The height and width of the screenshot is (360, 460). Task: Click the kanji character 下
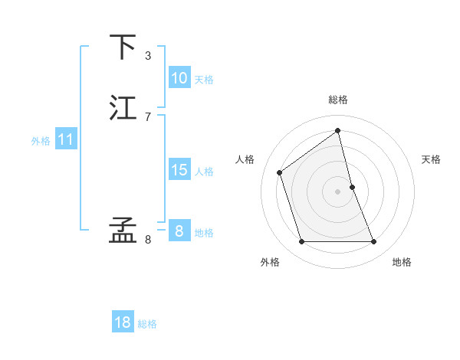pos(123,47)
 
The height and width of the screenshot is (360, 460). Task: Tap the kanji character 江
pos(123,108)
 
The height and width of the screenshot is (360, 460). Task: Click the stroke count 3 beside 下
pos(148,56)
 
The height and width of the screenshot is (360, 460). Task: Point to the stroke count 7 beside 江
pos(148,116)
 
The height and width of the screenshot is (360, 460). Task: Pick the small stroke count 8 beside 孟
pos(148,240)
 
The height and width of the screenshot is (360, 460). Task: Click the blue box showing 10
pos(179,78)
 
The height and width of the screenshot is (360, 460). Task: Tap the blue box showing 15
pos(179,170)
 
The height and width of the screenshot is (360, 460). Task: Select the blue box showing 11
pos(66,140)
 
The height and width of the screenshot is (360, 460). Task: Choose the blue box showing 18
pos(123,322)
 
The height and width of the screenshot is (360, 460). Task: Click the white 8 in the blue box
pos(179,231)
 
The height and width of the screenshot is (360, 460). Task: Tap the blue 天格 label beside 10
pos(204,80)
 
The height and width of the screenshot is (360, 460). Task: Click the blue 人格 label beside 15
pos(204,172)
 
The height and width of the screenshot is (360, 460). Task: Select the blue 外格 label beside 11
pos(41,141)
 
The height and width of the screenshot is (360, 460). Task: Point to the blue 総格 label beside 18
pos(147,324)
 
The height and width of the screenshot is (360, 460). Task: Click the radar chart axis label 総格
pos(338,100)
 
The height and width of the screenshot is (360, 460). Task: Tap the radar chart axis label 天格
pos(431,159)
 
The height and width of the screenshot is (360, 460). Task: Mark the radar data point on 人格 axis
pos(280,172)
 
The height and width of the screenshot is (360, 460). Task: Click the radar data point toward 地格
pos(374,242)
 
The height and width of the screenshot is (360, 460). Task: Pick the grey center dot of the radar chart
pos(338,191)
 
